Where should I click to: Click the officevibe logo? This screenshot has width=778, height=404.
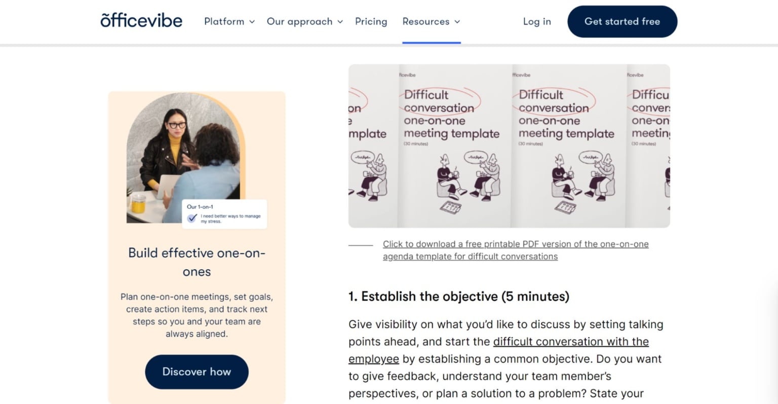141,21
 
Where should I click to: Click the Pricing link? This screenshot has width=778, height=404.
371,21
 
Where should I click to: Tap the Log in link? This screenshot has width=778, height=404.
537,21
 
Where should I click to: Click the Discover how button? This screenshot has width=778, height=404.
197,372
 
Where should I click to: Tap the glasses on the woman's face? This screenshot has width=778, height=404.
177,125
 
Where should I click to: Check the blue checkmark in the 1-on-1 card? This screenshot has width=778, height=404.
192,218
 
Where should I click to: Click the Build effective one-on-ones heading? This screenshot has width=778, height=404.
197,262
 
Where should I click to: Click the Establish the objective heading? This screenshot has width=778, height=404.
458,296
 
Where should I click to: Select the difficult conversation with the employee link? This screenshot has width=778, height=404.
571,342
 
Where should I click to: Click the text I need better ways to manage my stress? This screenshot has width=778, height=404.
230,218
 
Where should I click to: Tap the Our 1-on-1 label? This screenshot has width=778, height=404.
200,207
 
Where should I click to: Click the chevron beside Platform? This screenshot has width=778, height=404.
252,22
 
